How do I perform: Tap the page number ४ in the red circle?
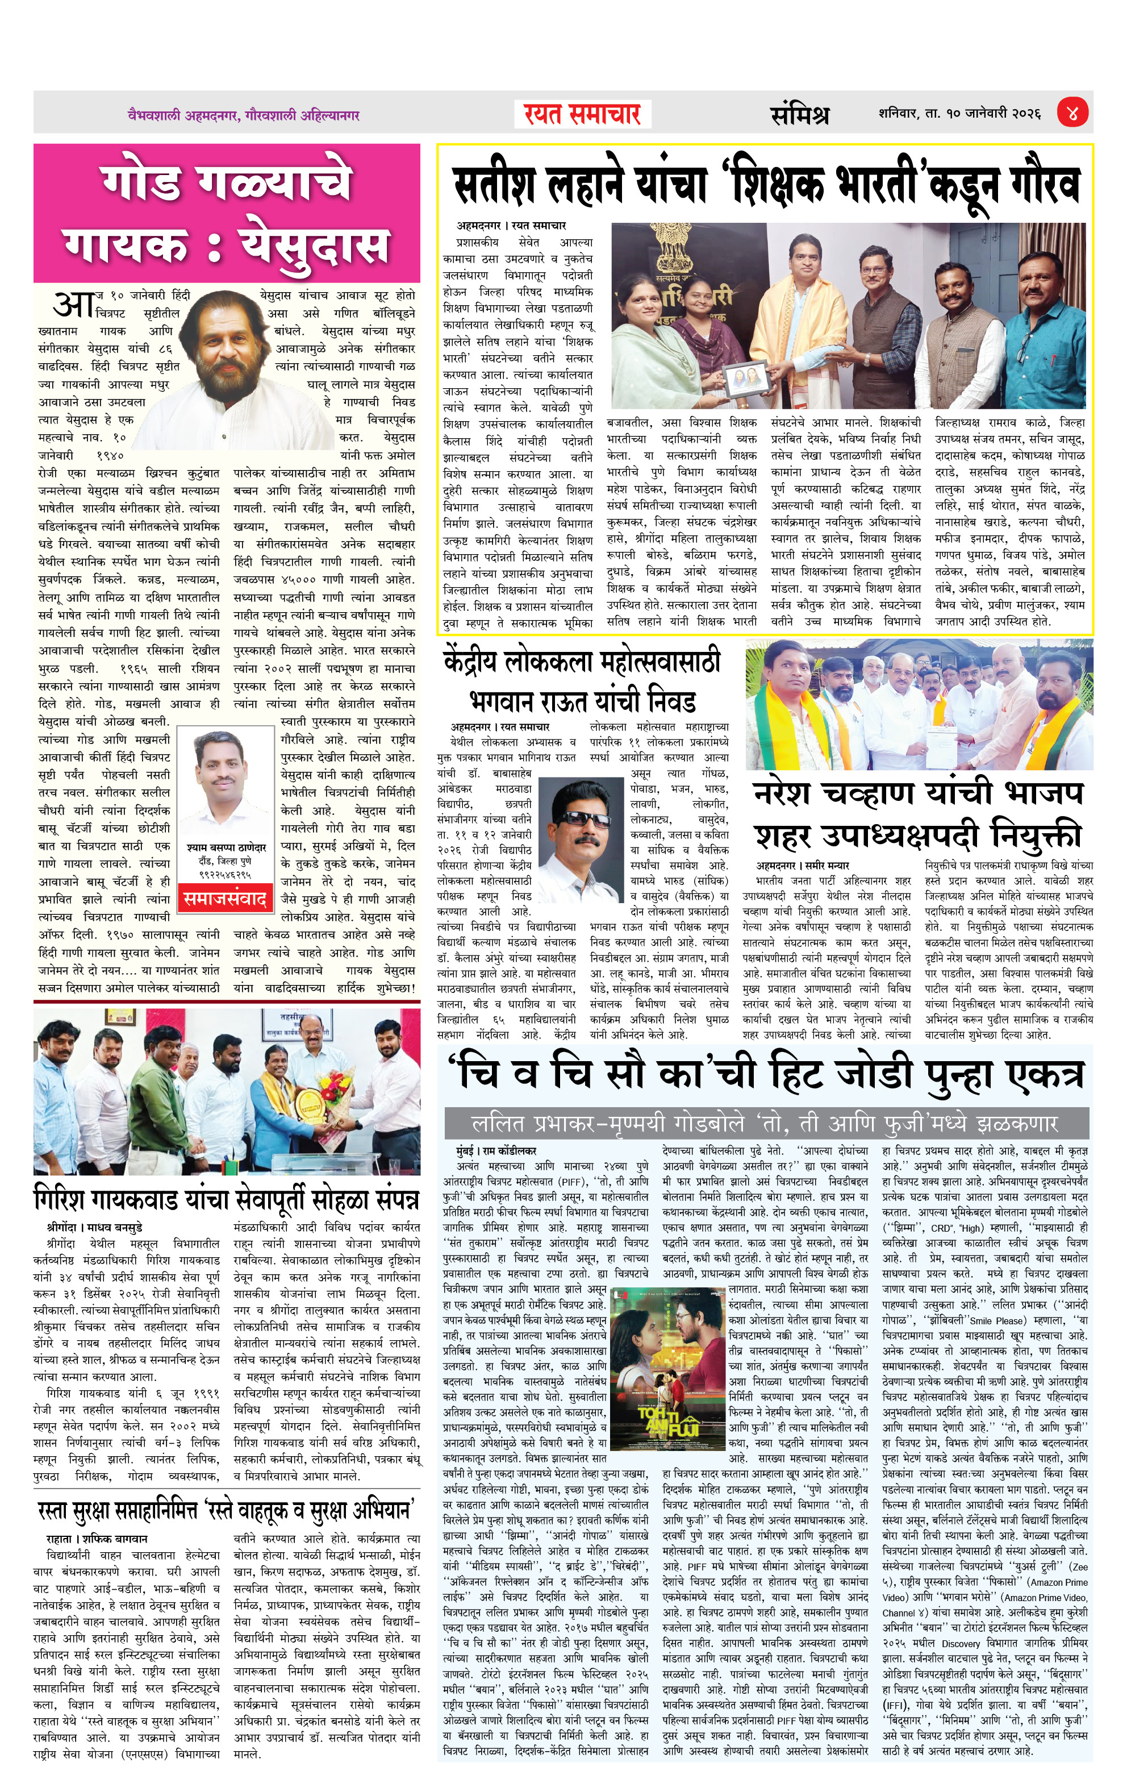1072,113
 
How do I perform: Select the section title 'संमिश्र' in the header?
799,114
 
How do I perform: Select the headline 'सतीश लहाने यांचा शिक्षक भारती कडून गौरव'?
765,185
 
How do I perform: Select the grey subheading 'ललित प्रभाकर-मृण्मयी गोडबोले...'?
765,1124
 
